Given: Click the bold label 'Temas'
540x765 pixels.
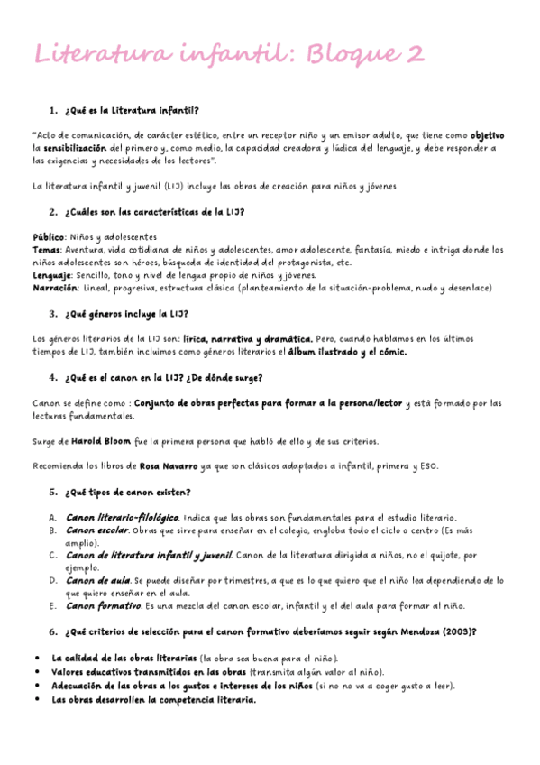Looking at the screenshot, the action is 46,250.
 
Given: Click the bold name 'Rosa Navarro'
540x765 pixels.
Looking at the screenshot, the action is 169,466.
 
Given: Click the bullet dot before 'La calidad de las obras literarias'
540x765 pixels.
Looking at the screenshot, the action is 35,659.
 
